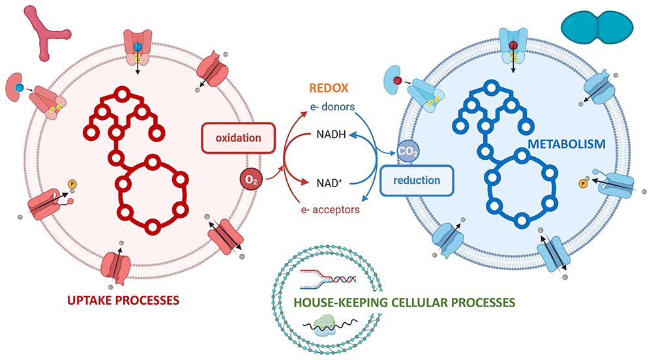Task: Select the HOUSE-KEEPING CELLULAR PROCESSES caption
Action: pyautogui.click(x=404, y=303)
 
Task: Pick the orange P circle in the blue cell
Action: pyautogui.click(x=583, y=184)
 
